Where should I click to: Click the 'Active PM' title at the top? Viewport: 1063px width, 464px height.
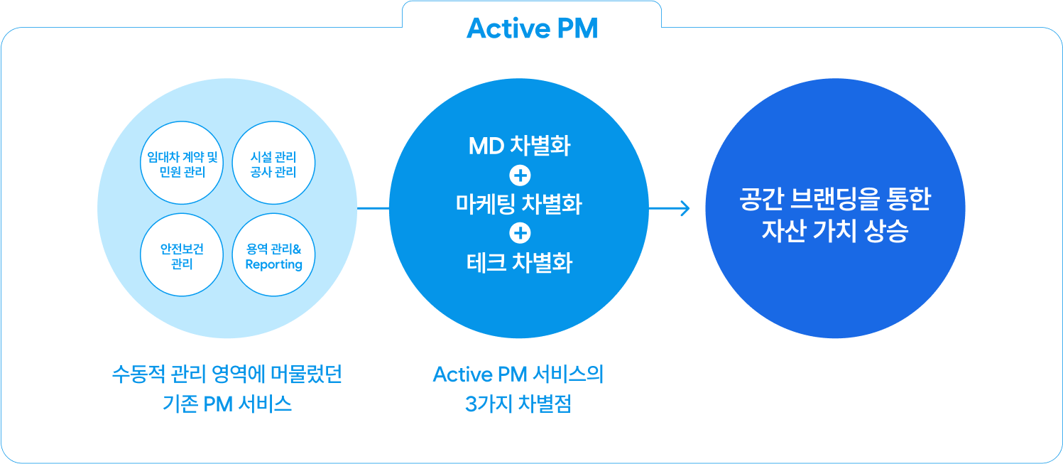coord(532,28)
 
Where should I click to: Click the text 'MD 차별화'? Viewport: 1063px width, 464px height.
coord(519,146)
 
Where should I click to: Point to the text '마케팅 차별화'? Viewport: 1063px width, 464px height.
coord(518,204)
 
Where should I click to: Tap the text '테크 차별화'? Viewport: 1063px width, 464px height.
coord(519,263)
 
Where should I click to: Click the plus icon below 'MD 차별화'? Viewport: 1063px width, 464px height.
coord(520,176)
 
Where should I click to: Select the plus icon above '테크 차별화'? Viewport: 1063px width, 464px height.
coord(520,233)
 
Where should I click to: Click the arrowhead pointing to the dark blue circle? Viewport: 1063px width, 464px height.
coord(685,208)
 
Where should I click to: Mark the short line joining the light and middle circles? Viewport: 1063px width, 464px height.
coord(373,208)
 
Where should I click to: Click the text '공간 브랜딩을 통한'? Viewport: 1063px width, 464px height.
coord(835,199)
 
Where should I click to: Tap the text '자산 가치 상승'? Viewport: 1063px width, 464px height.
coord(835,231)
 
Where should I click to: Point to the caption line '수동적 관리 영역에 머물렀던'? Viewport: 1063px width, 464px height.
coord(227,374)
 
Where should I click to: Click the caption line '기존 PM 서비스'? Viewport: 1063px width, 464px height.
coord(227,404)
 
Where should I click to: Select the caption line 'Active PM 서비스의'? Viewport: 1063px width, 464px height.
coord(518,374)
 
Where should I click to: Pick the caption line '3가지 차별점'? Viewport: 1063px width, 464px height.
coord(518,404)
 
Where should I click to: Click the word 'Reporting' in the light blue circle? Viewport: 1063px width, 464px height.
coord(274,264)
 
